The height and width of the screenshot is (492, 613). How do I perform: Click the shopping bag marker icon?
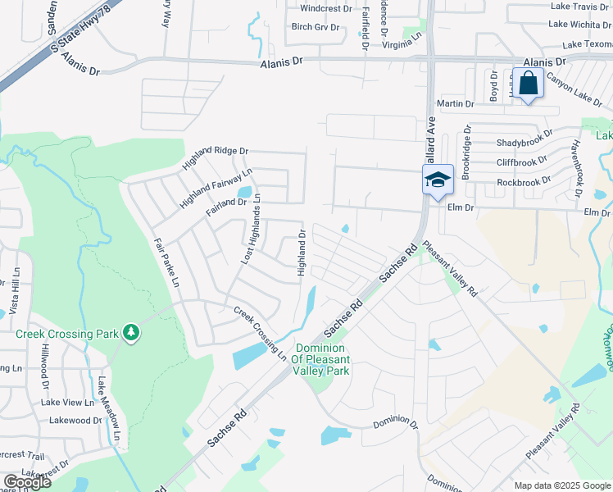[x=529, y=84]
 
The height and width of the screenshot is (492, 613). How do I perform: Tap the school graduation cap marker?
[x=438, y=179]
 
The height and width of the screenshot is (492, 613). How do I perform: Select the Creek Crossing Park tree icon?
[x=130, y=332]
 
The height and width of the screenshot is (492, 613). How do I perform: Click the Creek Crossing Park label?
[x=67, y=333]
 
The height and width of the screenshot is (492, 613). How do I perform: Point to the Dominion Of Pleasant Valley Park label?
[x=321, y=359]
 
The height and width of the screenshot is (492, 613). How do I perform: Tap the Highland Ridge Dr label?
[x=220, y=151]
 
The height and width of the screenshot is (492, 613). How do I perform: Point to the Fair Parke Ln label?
[x=166, y=263]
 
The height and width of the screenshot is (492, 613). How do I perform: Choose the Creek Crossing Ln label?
[x=260, y=334]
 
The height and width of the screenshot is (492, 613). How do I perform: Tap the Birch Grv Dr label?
[x=316, y=27]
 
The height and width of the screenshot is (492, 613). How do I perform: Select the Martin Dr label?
[x=456, y=104]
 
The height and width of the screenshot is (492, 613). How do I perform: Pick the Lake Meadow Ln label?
[x=109, y=415]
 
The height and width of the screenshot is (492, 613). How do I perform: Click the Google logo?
[x=27, y=482]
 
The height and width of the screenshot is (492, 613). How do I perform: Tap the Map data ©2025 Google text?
[x=562, y=485]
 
